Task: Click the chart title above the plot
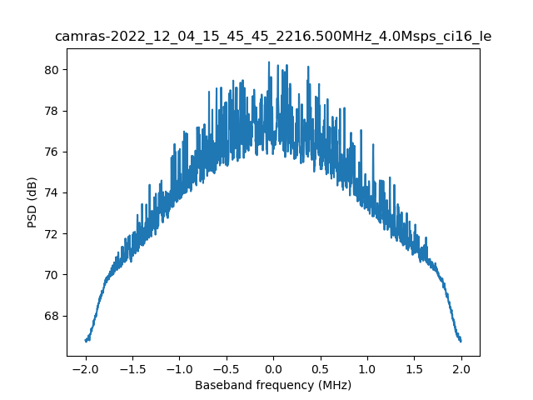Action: (x=273, y=37)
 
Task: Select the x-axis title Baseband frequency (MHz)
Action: (x=273, y=385)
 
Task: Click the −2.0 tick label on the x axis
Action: (x=85, y=368)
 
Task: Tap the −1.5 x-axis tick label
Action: (x=132, y=368)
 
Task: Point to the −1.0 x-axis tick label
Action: (x=179, y=368)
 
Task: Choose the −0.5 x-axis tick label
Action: (x=226, y=368)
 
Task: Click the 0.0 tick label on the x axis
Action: (x=273, y=368)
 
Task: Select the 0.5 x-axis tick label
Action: (x=321, y=368)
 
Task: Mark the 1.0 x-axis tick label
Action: (x=367, y=368)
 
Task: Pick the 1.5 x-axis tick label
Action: (x=415, y=368)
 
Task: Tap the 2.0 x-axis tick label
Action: (x=461, y=368)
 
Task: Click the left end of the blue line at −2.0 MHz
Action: (x=86, y=340)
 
